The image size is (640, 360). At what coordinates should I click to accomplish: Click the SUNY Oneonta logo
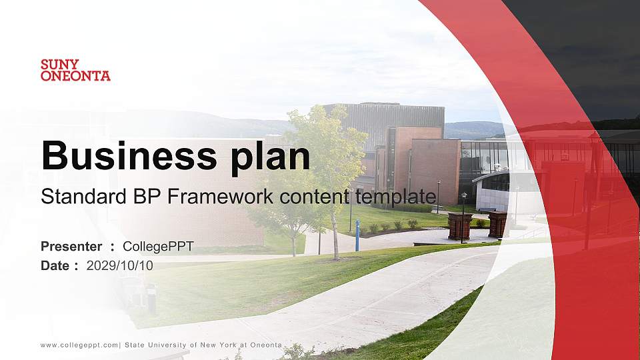(75, 70)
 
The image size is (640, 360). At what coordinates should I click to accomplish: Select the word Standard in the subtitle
(74, 197)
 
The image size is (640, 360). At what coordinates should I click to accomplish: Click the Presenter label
(71, 247)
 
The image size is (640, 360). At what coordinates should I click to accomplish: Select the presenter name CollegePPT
(158, 247)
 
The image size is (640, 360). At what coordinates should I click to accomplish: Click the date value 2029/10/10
(120, 265)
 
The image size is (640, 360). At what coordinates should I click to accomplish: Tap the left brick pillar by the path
(459, 226)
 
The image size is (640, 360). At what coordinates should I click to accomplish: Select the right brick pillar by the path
(497, 225)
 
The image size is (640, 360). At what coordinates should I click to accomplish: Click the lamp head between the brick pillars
(464, 195)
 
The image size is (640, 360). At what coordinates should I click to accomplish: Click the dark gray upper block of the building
(393, 117)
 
